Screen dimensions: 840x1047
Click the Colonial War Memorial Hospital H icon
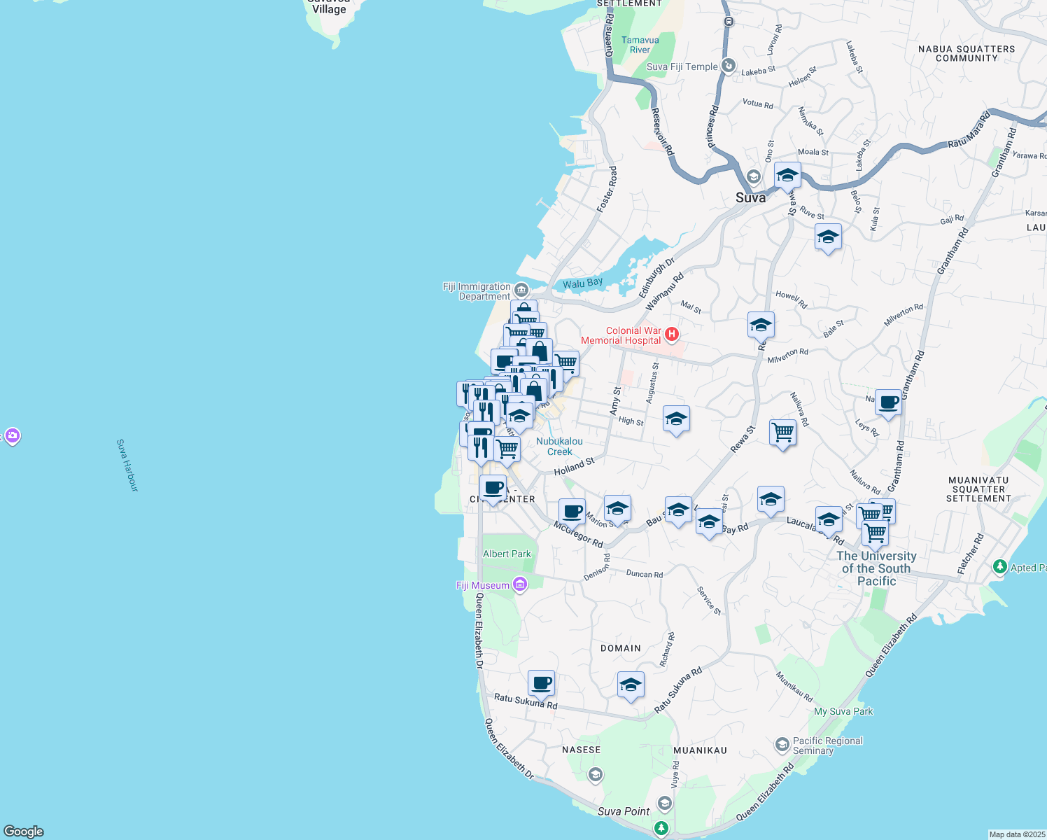click(x=672, y=335)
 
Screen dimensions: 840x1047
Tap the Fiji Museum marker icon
click(x=520, y=584)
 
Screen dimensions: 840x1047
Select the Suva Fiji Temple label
click(x=682, y=66)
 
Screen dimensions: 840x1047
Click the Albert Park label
click(x=507, y=554)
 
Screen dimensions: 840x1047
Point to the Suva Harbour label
click(x=127, y=465)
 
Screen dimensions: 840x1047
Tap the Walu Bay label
click(x=582, y=283)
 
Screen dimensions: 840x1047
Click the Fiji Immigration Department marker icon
click(x=521, y=290)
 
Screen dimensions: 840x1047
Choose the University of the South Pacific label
click(x=876, y=568)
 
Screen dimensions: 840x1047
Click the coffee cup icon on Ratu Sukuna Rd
click(x=541, y=682)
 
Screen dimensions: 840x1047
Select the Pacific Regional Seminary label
click(x=827, y=745)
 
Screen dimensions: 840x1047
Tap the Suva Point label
click(x=624, y=811)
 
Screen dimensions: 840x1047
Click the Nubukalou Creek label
click(x=559, y=446)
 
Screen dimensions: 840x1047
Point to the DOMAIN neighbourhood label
click(x=621, y=648)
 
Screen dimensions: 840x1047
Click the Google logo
click(x=24, y=832)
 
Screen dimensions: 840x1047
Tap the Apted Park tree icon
click(x=1000, y=566)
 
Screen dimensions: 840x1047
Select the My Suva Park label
click(x=843, y=711)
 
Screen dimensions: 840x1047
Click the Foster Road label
click(x=607, y=190)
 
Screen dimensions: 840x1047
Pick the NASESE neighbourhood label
click(x=581, y=749)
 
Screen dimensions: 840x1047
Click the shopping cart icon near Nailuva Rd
click(x=782, y=432)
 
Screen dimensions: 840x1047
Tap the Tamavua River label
click(x=640, y=45)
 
